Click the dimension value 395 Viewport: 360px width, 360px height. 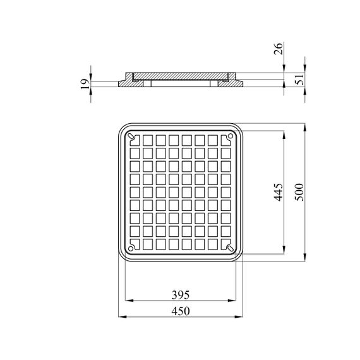pyautogui.click(x=181, y=295)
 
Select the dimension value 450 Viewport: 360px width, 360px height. pyautogui.click(x=181, y=311)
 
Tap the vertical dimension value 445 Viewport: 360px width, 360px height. pyautogui.click(x=279, y=192)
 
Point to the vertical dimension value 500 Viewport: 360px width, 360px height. pyautogui.click(x=299, y=192)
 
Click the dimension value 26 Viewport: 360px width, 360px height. pyautogui.click(x=278, y=49)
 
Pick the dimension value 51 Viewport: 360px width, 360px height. pyautogui.click(x=299, y=79)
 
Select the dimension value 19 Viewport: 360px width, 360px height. pyautogui.click(x=85, y=84)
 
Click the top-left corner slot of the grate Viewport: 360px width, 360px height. pyautogui.click(x=131, y=136)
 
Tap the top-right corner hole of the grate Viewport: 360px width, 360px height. pyautogui.click(x=231, y=136)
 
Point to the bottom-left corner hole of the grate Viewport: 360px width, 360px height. pyautogui.click(x=130, y=248)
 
